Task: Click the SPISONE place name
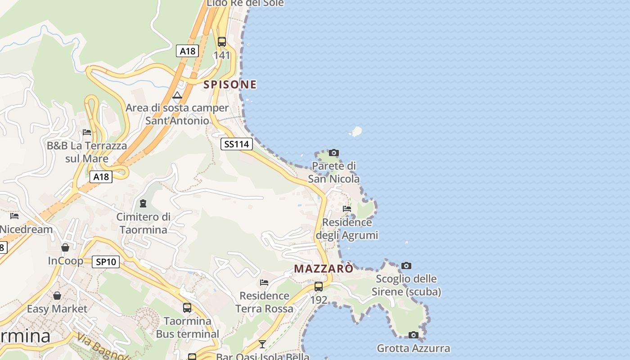230,85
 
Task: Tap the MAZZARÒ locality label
324,269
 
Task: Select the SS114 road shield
236,144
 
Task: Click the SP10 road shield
106,262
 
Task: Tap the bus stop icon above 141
222,42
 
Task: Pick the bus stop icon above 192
319,286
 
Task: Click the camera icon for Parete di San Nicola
334,153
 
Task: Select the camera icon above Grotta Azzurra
414,335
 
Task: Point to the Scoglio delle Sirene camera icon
406,265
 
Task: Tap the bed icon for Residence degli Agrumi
347,209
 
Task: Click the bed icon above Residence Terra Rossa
264,283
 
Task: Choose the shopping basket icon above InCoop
65,247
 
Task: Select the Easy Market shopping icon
57,296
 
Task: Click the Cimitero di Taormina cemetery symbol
143,203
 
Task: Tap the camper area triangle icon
177,95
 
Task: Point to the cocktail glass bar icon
262,344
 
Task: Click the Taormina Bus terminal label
188,328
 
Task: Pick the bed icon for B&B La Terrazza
87,132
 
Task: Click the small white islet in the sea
356,131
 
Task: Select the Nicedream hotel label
26,229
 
